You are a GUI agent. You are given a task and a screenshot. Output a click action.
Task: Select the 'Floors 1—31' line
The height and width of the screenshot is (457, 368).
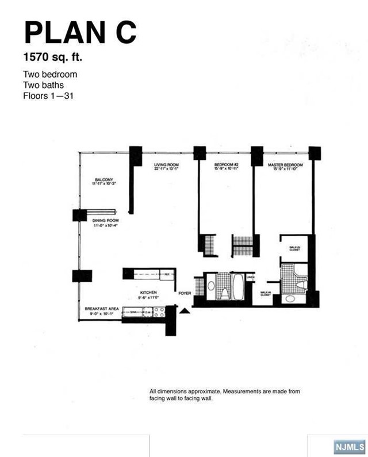[48, 95]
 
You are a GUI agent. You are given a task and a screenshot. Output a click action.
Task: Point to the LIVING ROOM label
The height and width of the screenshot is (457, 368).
[166, 166]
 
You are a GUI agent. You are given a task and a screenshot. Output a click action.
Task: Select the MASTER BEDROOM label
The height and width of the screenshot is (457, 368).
[285, 166]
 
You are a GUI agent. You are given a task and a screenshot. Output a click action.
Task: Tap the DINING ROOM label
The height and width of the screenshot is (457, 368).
[106, 221]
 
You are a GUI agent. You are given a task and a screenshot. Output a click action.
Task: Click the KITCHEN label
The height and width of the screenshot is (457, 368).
[148, 293]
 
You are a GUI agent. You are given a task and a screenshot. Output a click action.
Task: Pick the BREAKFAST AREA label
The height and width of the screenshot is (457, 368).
[102, 309]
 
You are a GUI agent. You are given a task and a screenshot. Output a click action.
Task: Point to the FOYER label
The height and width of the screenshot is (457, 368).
[185, 293]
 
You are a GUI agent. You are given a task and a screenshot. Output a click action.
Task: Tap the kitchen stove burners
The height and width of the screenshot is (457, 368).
[159, 313]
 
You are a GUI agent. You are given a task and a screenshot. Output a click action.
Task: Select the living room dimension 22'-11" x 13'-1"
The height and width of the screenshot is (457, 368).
[166, 170]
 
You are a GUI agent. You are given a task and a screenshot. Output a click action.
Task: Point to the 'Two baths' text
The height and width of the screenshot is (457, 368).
[44, 85]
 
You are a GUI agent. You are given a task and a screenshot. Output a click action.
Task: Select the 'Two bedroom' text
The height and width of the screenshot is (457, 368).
[50, 74]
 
